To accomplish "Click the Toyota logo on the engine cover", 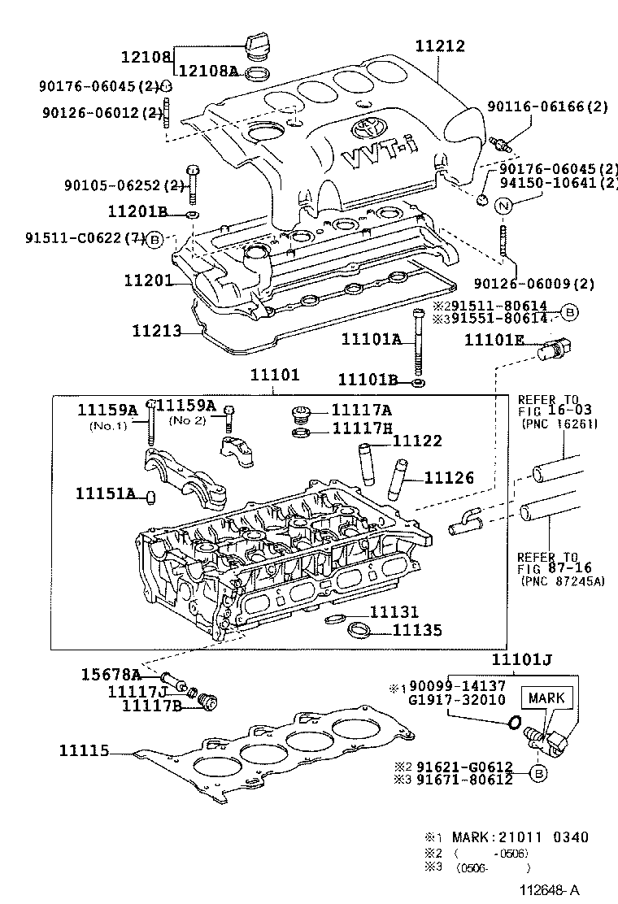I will (363, 128).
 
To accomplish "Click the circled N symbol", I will (503, 206).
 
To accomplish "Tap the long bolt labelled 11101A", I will (418, 341).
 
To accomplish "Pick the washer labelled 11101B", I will (417, 381).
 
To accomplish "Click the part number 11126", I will (446, 478).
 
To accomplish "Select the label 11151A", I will (105, 493).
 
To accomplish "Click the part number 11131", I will (394, 612).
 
